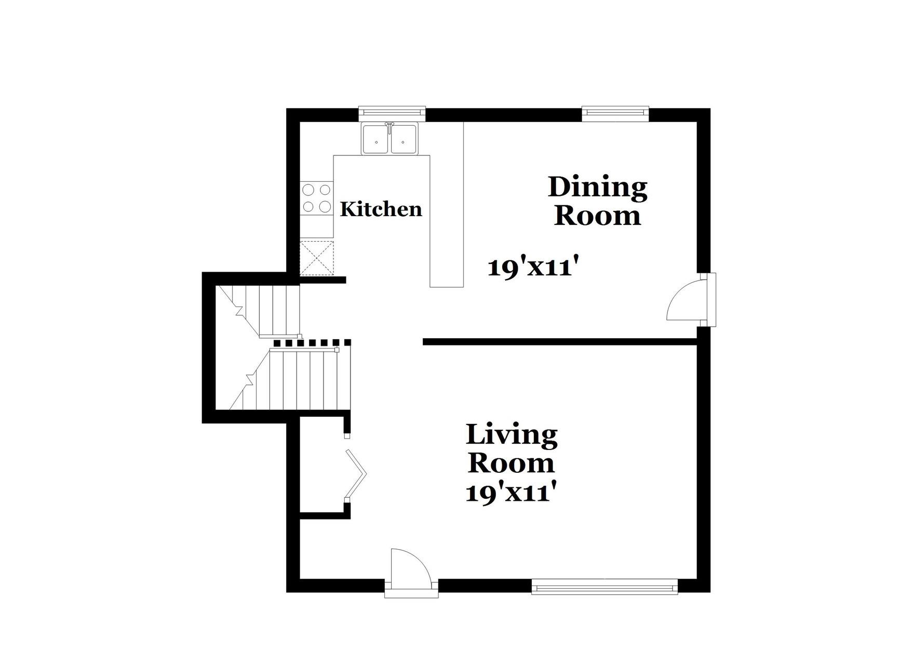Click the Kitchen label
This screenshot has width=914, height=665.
[381, 209]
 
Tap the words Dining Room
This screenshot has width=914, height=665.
[597, 202]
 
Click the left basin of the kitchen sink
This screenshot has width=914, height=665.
[377, 139]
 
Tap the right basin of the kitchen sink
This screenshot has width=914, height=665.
[404, 139]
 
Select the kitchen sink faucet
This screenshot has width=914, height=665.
[389, 126]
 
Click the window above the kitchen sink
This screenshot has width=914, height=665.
[392, 111]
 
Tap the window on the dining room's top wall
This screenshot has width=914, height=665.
[615, 111]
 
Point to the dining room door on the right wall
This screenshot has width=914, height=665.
[688, 301]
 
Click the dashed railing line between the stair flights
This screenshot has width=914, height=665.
[312, 342]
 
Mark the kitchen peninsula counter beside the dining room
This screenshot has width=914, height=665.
[447, 221]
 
